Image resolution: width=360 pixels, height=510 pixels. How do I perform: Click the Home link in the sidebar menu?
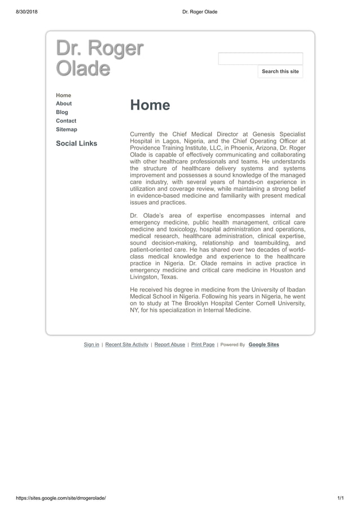63,95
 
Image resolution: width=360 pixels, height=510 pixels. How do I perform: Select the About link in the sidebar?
64,103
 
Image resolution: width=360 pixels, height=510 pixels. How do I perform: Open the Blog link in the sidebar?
62,112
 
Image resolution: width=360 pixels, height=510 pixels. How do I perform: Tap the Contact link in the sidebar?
66,121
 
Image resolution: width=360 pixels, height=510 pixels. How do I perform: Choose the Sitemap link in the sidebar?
67,129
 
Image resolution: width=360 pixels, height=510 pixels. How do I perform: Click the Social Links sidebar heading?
76,143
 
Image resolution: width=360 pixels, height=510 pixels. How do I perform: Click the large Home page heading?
150,106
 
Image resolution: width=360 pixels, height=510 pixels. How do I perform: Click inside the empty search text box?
260,59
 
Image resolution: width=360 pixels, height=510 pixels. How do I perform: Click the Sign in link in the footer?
91,345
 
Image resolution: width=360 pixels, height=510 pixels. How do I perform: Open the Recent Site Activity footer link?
127,345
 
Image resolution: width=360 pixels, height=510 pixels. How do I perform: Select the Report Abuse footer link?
170,345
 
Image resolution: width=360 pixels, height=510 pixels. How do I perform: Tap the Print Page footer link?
203,345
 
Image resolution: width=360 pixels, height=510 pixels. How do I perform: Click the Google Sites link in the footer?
264,345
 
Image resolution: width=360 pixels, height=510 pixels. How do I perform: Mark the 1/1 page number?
340,498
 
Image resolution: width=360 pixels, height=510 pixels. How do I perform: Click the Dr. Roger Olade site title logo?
99,58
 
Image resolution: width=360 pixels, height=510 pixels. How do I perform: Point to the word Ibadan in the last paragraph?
295,289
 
